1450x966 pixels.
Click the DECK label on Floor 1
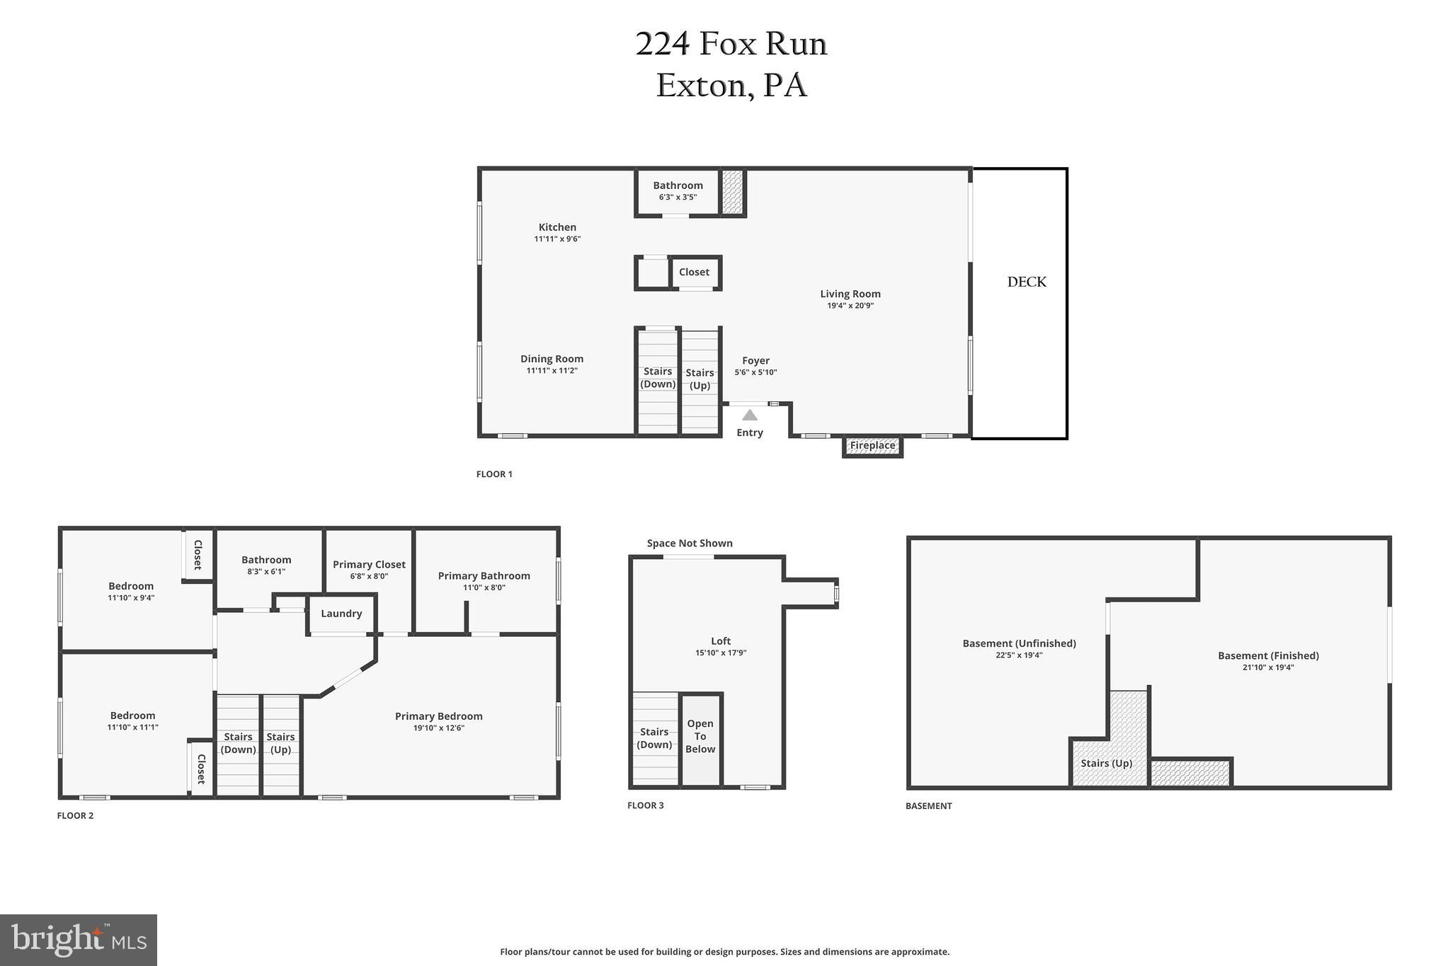click(x=1026, y=282)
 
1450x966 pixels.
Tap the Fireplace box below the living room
click(x=872, y=446)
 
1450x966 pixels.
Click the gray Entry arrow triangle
click(x=749, y=415)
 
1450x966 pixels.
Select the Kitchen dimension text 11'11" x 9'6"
click(x=557, y=239)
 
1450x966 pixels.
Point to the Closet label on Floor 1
click(x=694, y=272)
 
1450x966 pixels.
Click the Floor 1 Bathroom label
click(x=678, y=185)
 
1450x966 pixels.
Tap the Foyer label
click(x=755, y=360)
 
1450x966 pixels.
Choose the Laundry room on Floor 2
click(x=341, y=614)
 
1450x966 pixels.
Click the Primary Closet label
click(x=369, y=564)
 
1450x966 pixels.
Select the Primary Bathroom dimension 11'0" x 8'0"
click(x=484, y=587)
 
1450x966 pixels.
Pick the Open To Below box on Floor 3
click(x=700, y=737)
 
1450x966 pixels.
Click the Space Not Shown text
click(x=690, y=543)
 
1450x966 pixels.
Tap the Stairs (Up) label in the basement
click(x=1106, y=763)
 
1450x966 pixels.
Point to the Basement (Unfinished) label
click(x=1019, y=643)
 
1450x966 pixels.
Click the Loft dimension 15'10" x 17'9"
click(x=721, y=653)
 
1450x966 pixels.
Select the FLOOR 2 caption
click(x=75, y=815)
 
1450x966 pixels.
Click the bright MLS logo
click(x=79, y=940)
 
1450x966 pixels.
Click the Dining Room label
click(x=552, y=359)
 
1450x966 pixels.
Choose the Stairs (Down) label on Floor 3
click(x=654, y=738)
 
